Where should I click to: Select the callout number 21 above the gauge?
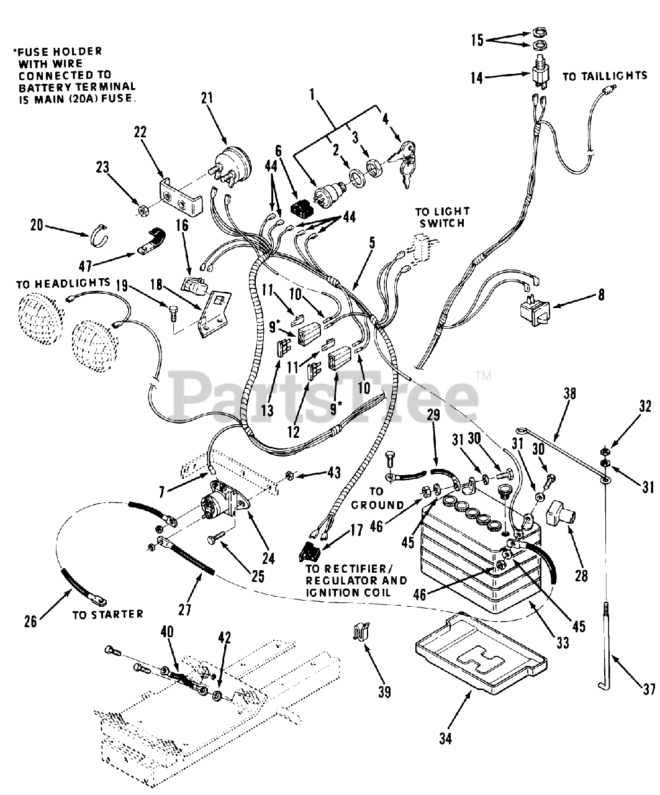click(x=207, y=98)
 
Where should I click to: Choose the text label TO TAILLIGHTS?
click(x=605, y=76)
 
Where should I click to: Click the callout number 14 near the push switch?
click(x=477, y=78)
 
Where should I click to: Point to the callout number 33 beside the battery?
click(x=563, y=643)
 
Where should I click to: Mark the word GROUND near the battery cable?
click(x=377, y=505)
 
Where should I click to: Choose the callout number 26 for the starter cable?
click(x=30, y=622)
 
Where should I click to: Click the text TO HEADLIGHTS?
click(x=63, y=284)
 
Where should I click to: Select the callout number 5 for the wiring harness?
click(x=372, y=242)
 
